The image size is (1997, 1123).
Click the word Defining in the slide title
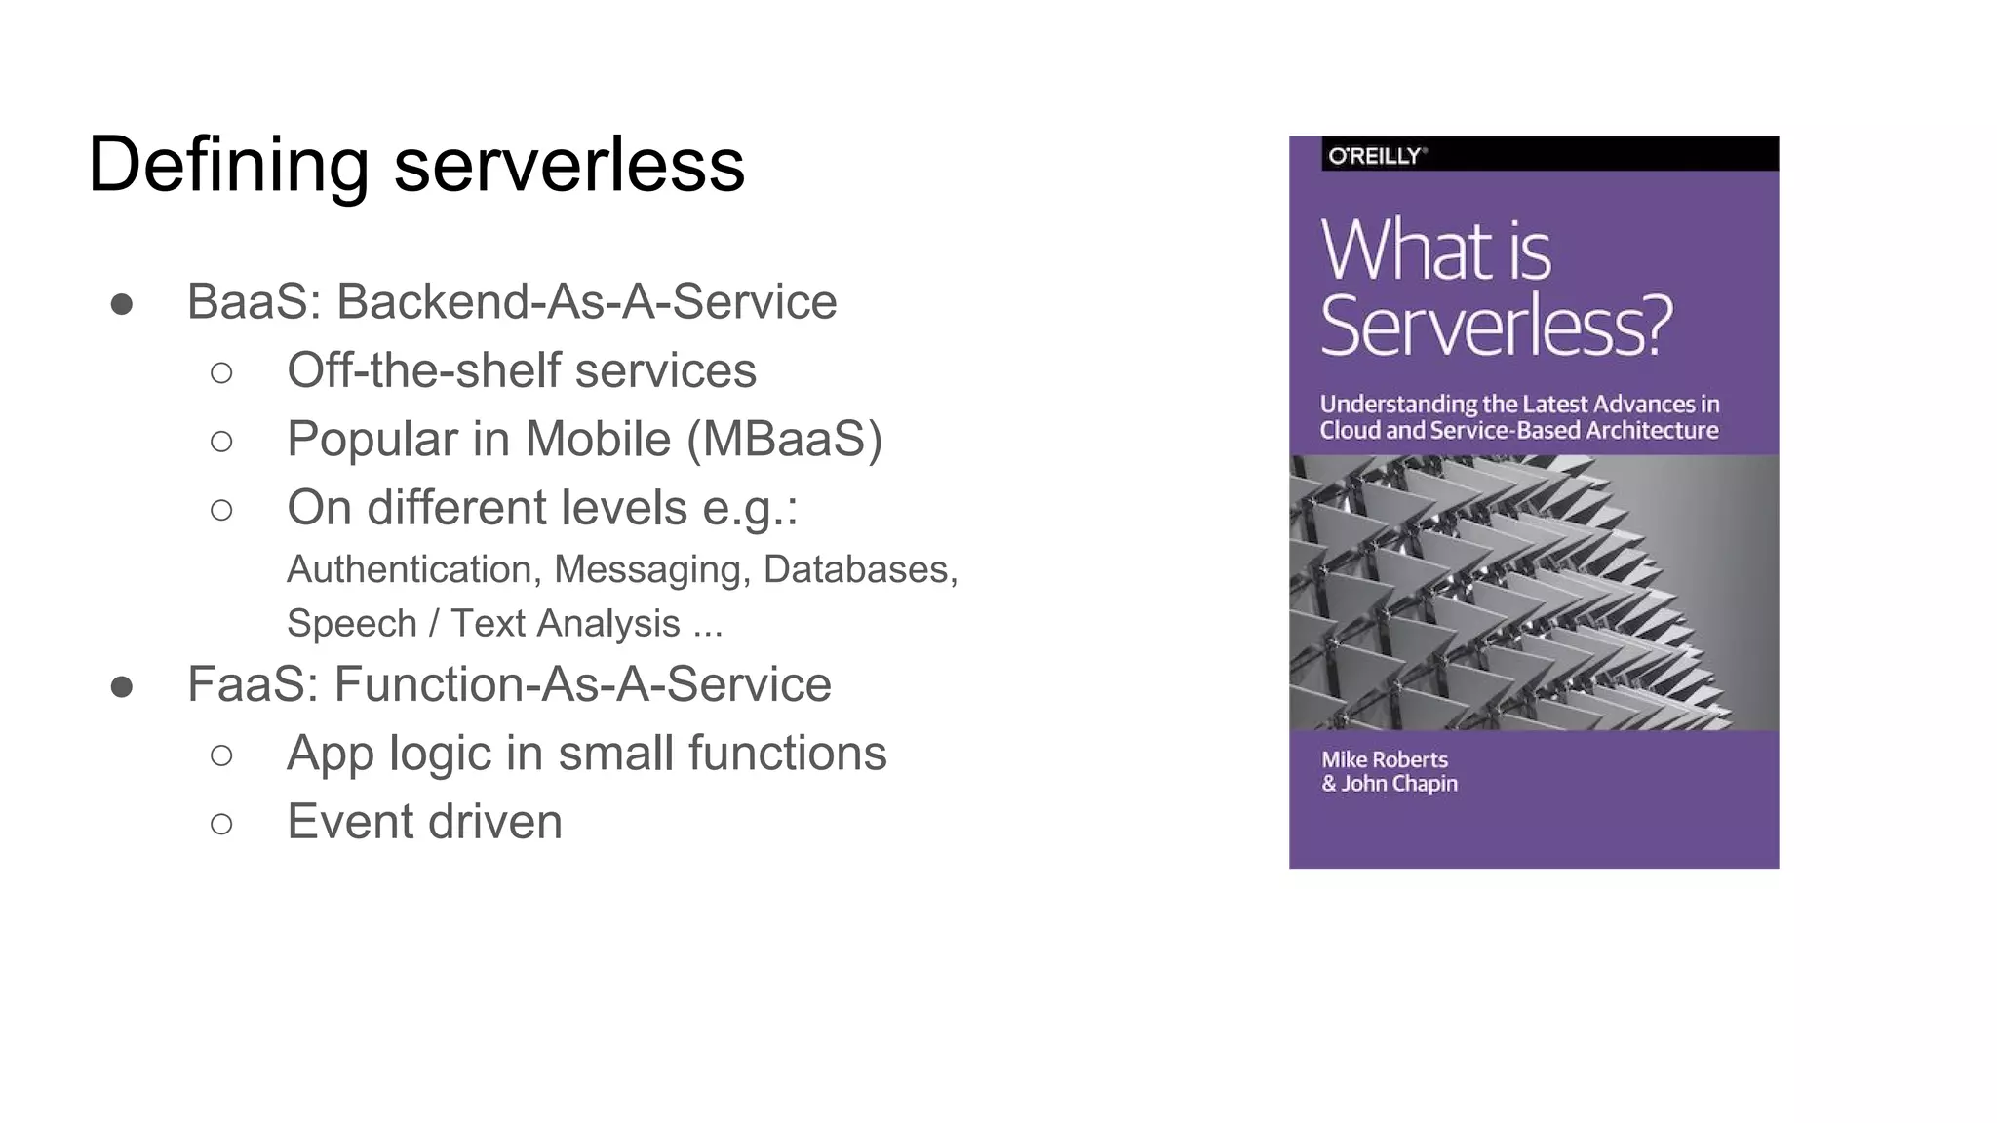point(228,166)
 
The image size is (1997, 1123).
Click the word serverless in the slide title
point(569,166)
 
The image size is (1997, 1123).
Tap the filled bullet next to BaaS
point(122,304)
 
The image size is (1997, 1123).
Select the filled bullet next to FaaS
point(122,687)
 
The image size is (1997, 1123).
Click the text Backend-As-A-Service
point(586,302)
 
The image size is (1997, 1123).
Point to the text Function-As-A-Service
point(582,684)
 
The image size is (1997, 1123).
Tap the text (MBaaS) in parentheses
point(784,440)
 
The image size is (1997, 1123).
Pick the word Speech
point(352,624)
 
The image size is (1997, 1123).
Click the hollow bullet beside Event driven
point(221,824)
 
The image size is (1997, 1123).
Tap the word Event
point(349,822)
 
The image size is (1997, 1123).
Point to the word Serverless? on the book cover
point(1496,326)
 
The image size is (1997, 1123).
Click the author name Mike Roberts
point(1385,759)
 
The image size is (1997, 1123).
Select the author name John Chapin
point(1399,784)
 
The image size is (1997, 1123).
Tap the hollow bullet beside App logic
point(221,755)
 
